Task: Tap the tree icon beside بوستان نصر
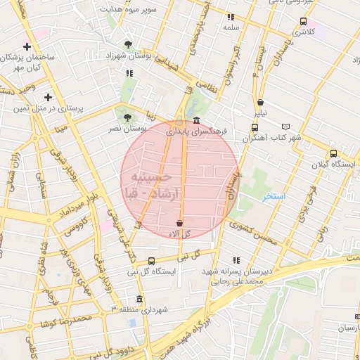point(127,117)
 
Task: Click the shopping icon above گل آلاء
point(180,223)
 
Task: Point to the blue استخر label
point(274,196)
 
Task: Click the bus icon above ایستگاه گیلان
point(333,153)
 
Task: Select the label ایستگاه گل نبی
point(150,271)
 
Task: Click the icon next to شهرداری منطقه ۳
point(139,299)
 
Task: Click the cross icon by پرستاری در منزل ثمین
point(48,97)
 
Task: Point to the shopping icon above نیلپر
point(261,102)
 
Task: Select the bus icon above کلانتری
point(303,21)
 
